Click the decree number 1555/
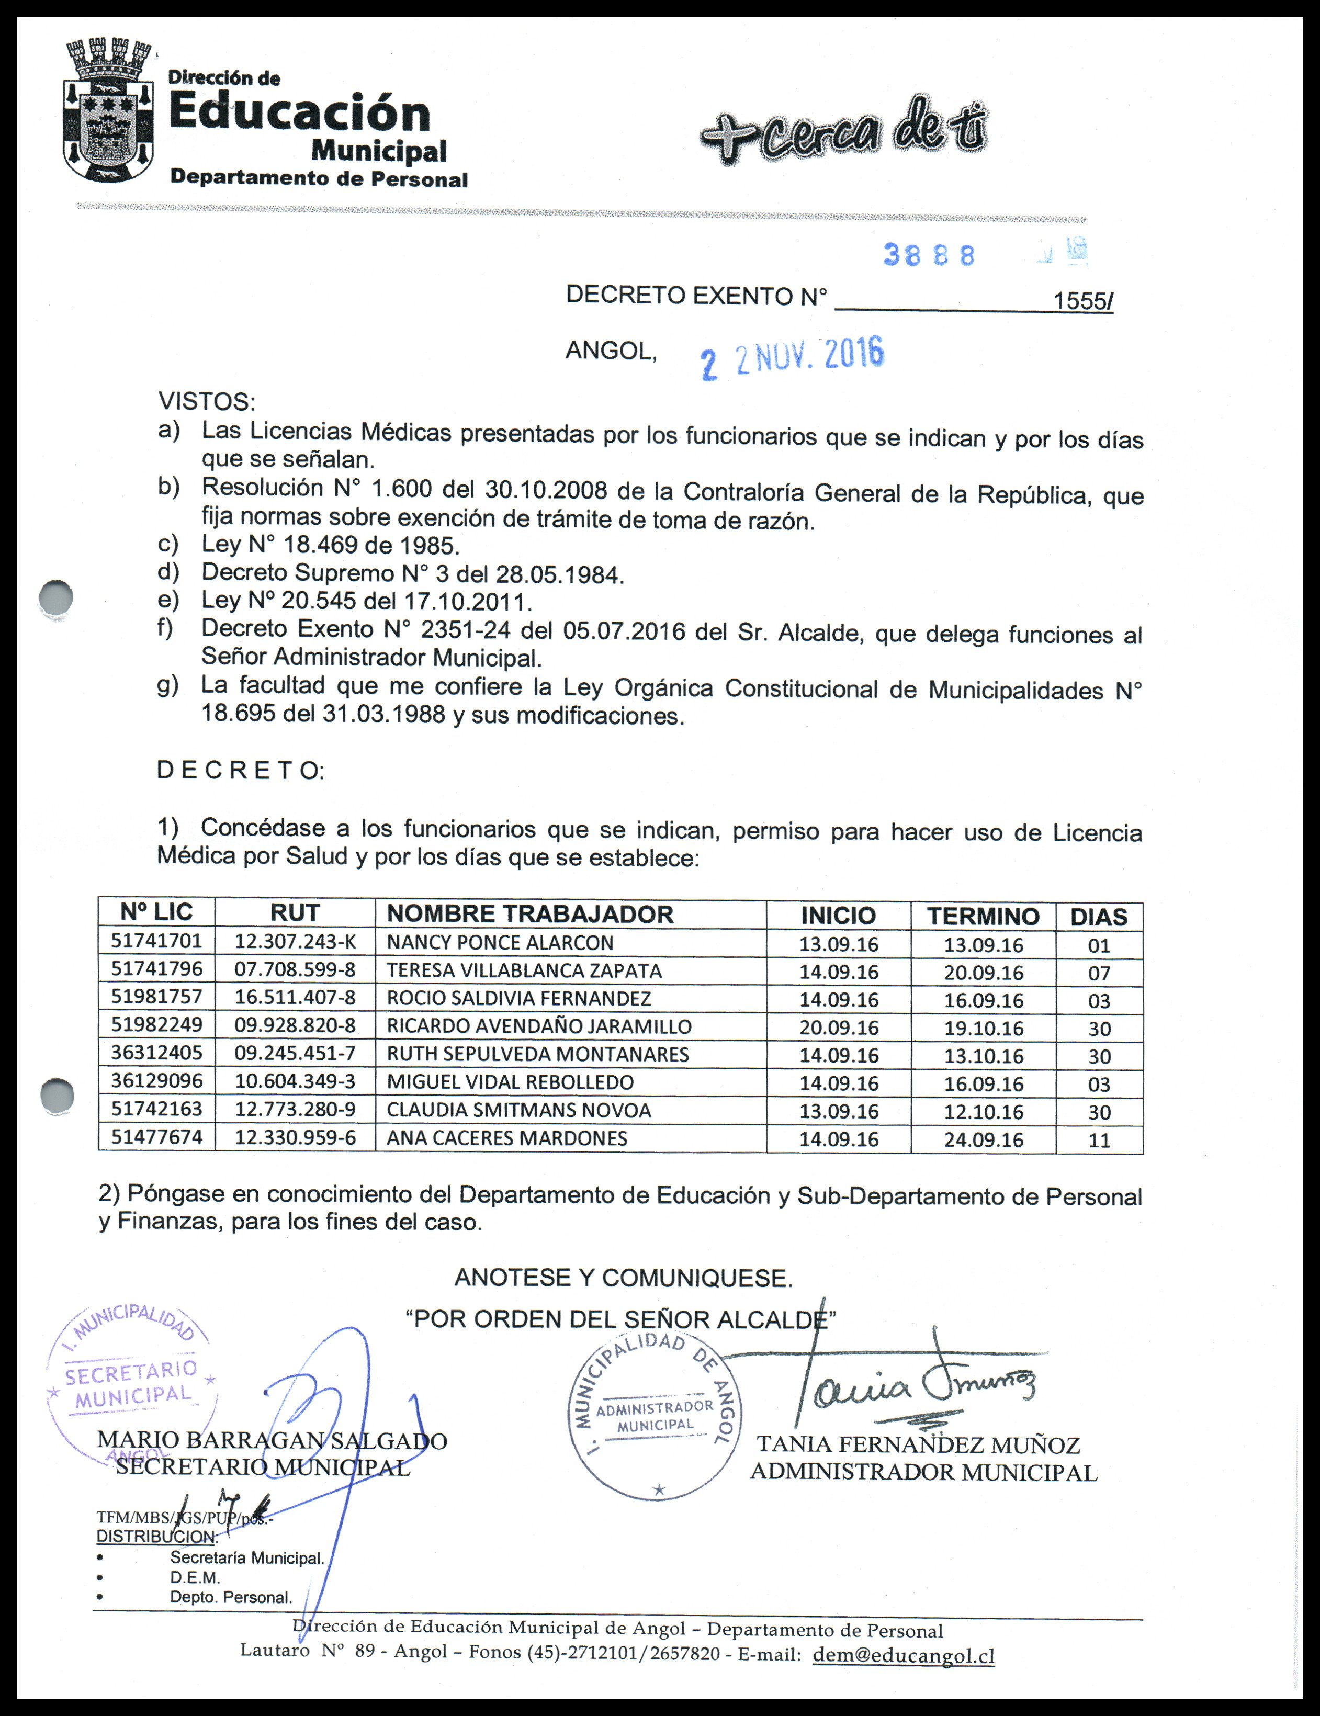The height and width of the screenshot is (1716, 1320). point(1082,301)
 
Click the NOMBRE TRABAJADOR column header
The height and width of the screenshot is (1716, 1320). point(531,914)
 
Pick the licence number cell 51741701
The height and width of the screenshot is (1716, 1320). point(156,941)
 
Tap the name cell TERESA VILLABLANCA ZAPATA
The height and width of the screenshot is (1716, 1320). point(524,970)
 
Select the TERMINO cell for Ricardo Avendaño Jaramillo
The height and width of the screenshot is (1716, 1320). point(983,1028)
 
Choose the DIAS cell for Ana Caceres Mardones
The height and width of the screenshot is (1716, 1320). point(1098,1140)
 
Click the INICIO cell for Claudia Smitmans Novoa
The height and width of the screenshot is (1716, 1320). point(838,1112)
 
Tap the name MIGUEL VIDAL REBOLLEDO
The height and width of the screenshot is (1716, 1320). point(510,1082)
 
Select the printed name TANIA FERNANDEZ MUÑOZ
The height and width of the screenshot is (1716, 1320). point(918,1444)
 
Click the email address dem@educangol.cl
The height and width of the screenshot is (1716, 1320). point(904,1655)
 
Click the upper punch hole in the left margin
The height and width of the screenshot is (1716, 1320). point(56,598)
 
